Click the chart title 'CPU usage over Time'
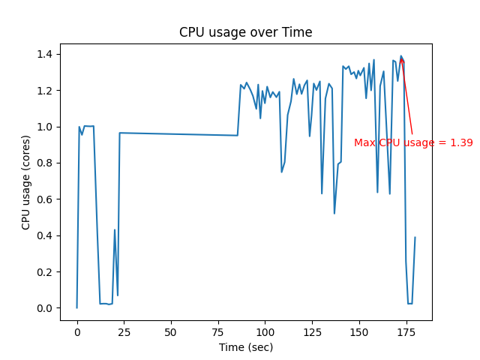[x=245, y=32]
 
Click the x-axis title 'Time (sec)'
[x=245, y=347]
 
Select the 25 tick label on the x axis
[x=124, y=331]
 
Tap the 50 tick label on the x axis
[x=171, y=331]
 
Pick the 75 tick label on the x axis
[x=217, y=331]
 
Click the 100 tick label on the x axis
[x=265, y=331]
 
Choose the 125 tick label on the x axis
[x=312, y=331]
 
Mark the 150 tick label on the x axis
[x=358, y=331]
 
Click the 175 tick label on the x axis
[x=406, y=331]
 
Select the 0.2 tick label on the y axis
[x=45, y=272]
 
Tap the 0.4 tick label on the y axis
[x=45, y=235]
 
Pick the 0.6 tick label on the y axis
[x=45, y=199]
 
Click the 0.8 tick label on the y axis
[x=45, y=163]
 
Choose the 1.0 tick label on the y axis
[x=45, y=127]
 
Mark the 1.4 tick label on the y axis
[x=45, y=54]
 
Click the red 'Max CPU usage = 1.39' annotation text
[x=413, y=142]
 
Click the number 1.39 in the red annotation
[x=461, y=142]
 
